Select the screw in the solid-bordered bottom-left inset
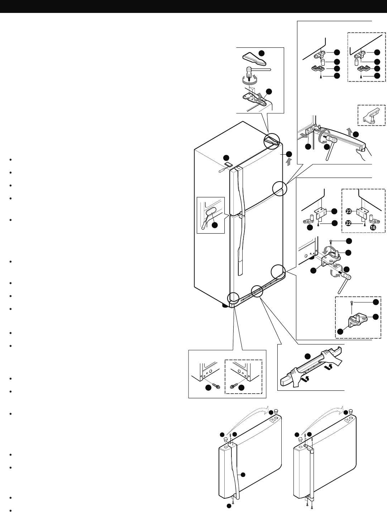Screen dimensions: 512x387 point(216,386)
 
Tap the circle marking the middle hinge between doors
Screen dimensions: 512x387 point(280,188)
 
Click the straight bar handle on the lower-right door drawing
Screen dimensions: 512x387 point(311,474)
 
